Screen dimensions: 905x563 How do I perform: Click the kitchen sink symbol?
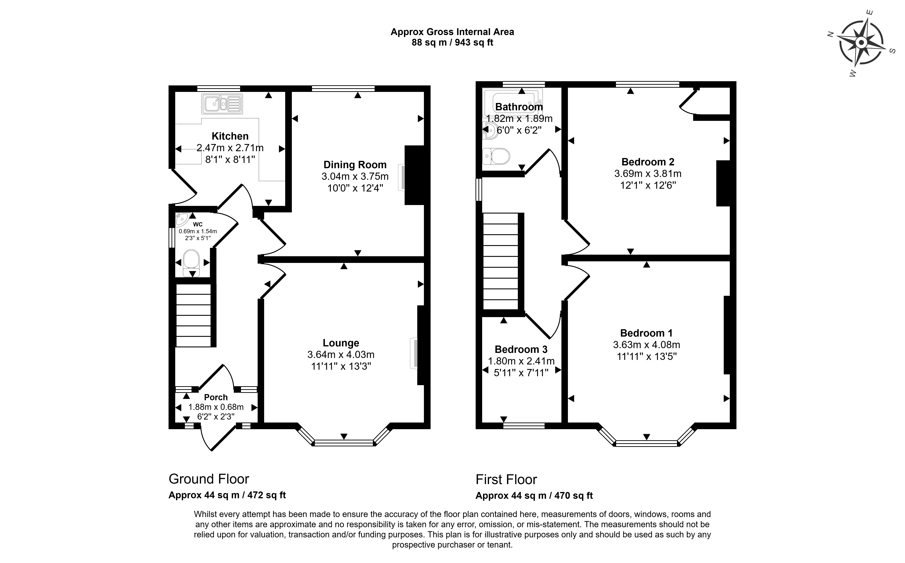222,104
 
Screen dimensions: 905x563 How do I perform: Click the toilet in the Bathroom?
496,156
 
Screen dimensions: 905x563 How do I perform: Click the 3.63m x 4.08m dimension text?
647,345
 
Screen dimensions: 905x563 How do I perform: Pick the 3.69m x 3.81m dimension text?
648,173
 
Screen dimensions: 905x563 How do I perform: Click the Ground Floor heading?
209,479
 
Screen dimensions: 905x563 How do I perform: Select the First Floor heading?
506,480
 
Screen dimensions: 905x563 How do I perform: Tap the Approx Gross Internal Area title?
452,32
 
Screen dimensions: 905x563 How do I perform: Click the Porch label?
216,397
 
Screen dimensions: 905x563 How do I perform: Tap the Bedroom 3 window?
524,426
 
